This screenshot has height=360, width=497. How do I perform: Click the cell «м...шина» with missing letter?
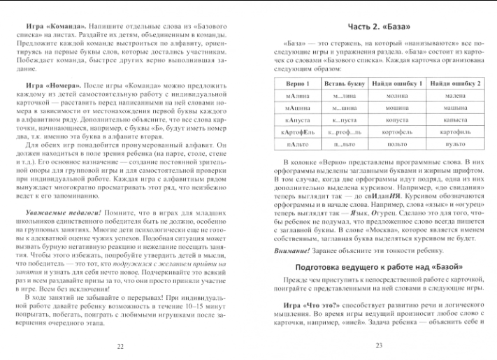(345, 108)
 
